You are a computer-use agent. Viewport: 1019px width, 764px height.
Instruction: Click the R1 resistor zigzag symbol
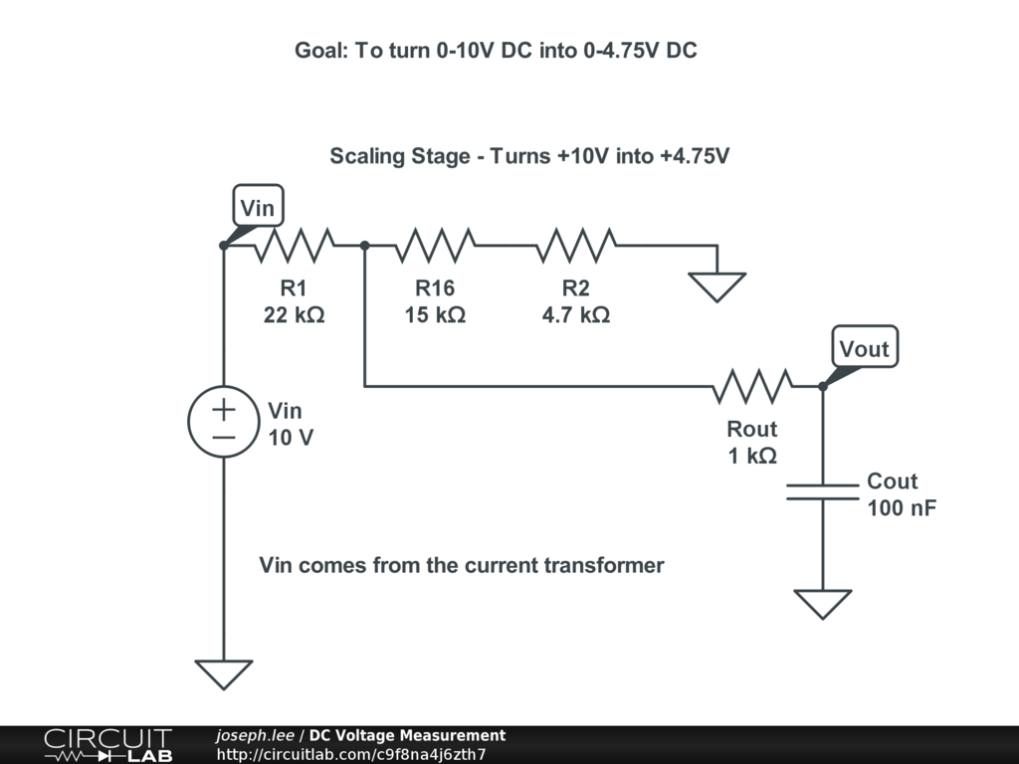click(294, 245)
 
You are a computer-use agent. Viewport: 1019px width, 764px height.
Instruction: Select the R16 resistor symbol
click(435, 245)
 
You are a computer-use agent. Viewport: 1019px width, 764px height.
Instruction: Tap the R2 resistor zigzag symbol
click(576, 245)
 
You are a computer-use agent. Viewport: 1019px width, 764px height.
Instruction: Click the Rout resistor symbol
click(752, 386)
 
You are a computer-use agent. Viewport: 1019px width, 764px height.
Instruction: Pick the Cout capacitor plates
click(822, 491)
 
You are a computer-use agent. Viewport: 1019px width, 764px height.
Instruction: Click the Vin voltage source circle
click(223, 422)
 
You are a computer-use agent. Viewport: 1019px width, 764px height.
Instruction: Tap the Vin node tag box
click(258, 209)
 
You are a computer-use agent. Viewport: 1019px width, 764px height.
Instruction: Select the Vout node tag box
click(864, 348)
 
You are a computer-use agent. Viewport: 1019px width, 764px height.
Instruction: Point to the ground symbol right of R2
click(716, 286)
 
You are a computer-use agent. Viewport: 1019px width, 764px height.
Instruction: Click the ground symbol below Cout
click(822, 604)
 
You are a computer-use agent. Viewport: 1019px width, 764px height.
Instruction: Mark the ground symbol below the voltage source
click(223, 673)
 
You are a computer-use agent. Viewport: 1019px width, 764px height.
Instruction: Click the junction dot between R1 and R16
click(364, 245)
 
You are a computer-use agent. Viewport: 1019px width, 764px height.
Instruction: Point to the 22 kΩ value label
click(294, 315)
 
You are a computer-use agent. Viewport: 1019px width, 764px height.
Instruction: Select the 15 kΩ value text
click(435, 315)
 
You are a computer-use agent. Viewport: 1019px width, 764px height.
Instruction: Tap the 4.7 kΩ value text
click(576, 315)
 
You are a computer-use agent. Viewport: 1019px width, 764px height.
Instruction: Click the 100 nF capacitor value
click(902, 508)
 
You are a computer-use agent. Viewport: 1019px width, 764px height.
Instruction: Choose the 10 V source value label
click(291, 438)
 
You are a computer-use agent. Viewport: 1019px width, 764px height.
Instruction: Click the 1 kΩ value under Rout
click(752, 456)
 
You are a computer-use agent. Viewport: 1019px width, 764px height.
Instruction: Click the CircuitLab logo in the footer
click(106, 745)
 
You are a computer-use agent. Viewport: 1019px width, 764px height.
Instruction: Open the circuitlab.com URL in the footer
click(350, 754)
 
